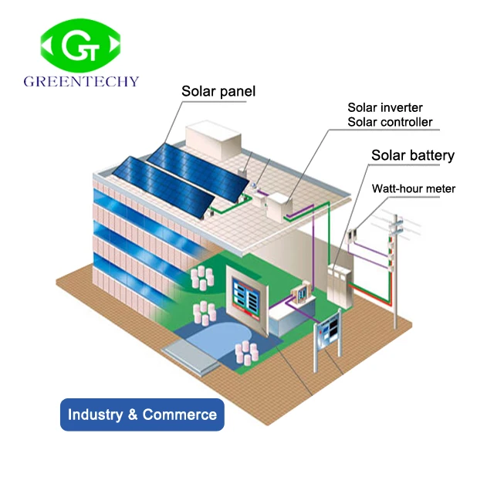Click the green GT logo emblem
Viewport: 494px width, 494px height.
80,45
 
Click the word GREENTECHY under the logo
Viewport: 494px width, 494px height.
81,81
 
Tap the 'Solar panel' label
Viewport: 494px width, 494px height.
218,91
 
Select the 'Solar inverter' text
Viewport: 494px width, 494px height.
384,108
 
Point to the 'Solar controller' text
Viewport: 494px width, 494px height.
390,122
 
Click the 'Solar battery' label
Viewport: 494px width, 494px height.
413,155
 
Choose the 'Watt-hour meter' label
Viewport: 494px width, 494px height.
414,188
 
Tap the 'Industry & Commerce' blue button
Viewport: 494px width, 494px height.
142,414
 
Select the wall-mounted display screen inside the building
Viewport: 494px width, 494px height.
248,299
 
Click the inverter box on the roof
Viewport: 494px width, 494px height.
278,206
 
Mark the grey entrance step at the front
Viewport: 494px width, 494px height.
191,357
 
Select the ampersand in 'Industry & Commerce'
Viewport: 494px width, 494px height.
133,414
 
